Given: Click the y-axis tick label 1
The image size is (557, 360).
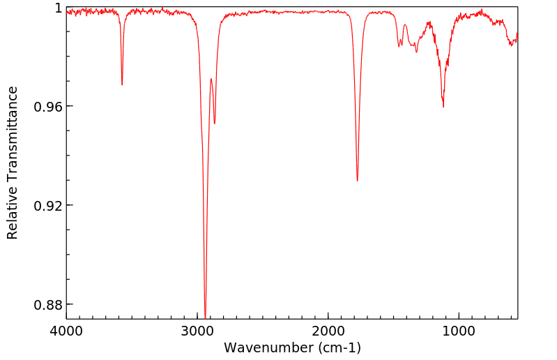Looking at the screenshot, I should coord(58,8).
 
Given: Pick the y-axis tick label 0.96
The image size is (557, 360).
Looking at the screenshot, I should coord(49,107).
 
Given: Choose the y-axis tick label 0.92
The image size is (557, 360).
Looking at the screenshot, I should coord(49,206).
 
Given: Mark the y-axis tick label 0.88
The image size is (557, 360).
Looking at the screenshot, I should coord(49,305).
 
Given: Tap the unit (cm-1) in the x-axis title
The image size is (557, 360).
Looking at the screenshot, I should coord(339,347).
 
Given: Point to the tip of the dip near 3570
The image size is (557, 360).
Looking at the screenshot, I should coord(122,84).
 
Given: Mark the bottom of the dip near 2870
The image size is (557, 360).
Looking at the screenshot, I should coord(215,123).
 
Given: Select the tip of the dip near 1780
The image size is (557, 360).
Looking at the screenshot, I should coord(357,181).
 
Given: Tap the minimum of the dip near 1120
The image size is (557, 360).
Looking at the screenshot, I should coord(443,107).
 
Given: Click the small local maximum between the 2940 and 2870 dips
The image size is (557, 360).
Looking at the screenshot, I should coord(211,79).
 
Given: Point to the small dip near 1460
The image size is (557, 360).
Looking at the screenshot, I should coord(399,47).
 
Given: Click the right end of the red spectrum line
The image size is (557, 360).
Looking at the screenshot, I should coord(517,35).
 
